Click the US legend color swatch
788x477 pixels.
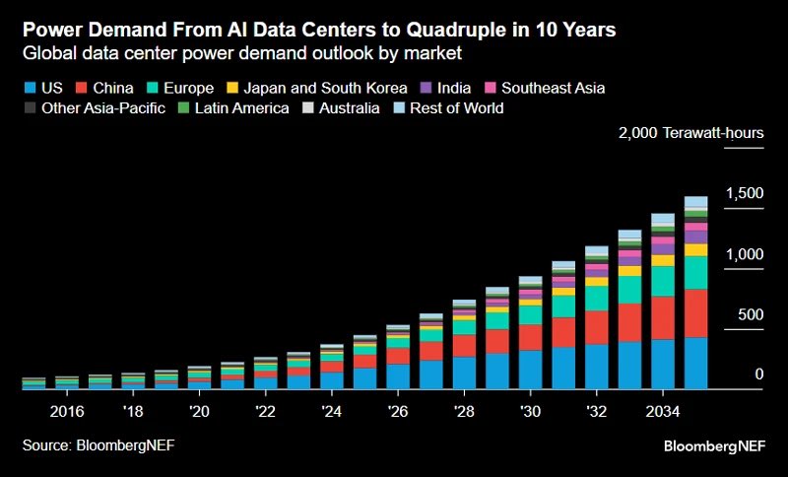(30, 88)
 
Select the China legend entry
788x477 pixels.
(105, 88)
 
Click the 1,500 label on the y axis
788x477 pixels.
(745, 194)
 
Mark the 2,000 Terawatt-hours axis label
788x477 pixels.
(689, 133)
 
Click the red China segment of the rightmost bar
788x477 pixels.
(695, 312)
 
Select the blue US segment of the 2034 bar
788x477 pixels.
(663, 364)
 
